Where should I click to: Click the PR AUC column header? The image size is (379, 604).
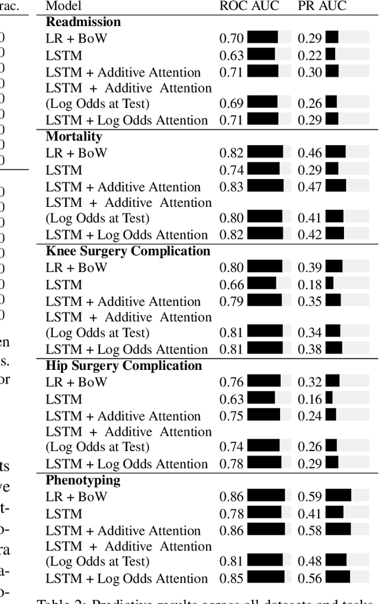(x=322, y=7)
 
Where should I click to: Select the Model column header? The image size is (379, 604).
(x=64, y=7)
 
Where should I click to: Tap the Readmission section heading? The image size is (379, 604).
(x=83, y=22)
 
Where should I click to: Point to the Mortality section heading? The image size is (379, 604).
(x=74, y=136)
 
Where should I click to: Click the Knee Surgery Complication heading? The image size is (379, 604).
(x=128, y=251)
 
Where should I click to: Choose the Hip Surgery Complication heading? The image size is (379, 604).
(x=124, y=366)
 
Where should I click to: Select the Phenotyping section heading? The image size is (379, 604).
(x=83, y=480)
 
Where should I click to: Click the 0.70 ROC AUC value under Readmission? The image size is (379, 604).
(x=231, y=39)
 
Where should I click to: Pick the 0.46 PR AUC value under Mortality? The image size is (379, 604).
(x=310, y=153)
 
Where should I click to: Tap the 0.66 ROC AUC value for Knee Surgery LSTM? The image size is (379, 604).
(x=231, y=285)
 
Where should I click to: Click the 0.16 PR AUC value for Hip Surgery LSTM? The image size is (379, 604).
(x=310, y=399)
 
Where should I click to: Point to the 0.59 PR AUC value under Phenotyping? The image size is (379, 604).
(x=310, y=497)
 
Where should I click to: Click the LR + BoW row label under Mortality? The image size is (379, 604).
(x=76, y=153)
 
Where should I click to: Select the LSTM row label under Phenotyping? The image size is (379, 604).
(x=64, y=513)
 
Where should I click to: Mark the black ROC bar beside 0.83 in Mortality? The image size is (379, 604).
(x=265, y=186)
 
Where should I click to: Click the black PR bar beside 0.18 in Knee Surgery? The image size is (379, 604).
(x=329, y=283)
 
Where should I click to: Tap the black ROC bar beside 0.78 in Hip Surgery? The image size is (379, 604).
(x=264, y=462)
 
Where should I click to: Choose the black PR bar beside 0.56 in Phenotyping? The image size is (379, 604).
(x=338, y=577)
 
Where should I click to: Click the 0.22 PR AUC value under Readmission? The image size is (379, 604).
(x=310, y=56)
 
